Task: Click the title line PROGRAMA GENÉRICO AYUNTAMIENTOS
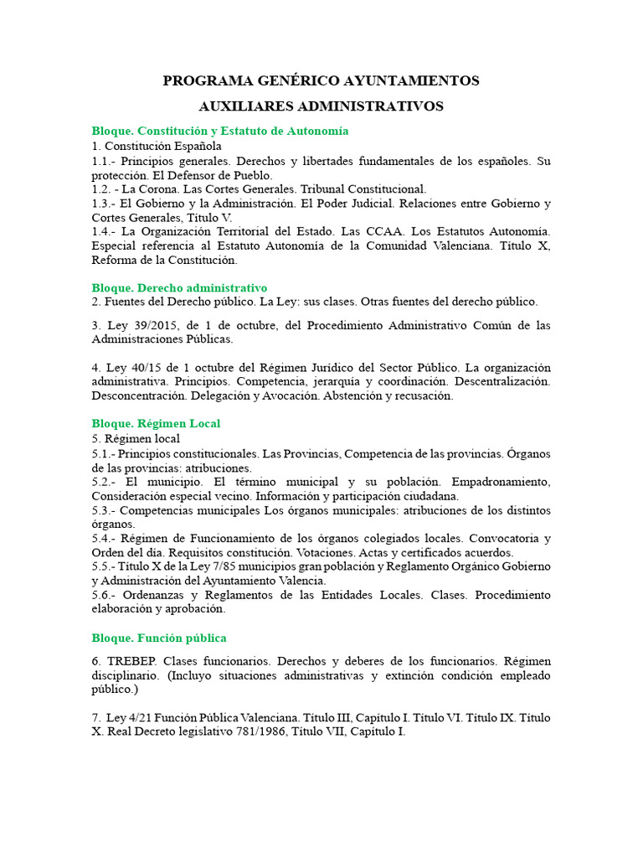tap(321, 80)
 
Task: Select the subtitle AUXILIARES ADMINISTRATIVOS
tap(321, 106)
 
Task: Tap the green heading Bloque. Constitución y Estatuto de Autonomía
tap(220, 131)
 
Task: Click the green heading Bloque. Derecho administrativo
tap(179, 287)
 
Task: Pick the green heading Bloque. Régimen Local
tap(156, 423)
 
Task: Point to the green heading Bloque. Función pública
tap(159, 638)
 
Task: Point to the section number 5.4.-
tap(105, 537)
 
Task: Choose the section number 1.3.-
tap(105, 203)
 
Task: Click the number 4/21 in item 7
tap(145, 717)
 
